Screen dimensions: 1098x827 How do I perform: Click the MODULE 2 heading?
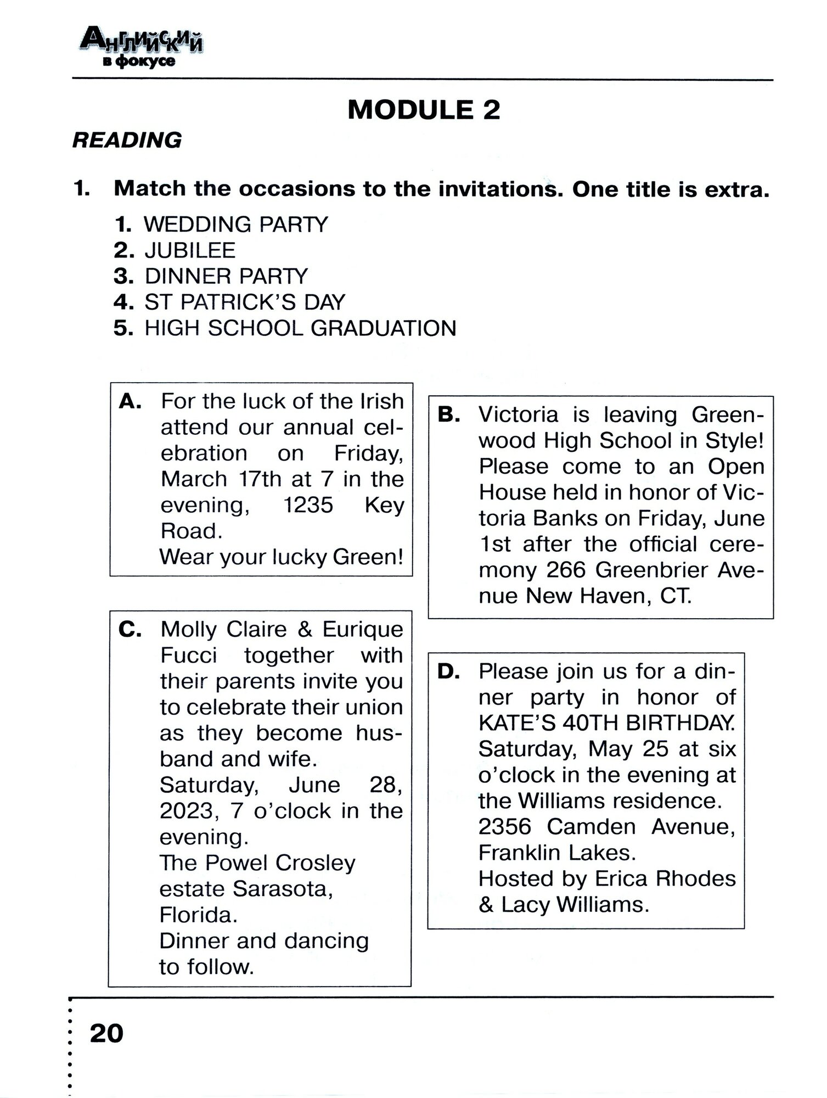tap(424, 110)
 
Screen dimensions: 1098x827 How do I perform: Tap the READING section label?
tap(127, 141)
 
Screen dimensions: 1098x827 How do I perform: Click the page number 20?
tap(106, 1033)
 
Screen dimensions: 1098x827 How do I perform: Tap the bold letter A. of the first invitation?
tap(130, 402)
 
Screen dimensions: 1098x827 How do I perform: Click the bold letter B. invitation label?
tap(449, 415)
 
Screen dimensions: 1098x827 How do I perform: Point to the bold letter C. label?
tap(130, 630)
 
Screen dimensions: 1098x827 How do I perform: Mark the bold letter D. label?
tap(449, 672)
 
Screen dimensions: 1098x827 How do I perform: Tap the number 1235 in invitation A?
tap(308, 505)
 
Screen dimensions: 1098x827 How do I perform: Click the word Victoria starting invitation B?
tap(518, 414)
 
